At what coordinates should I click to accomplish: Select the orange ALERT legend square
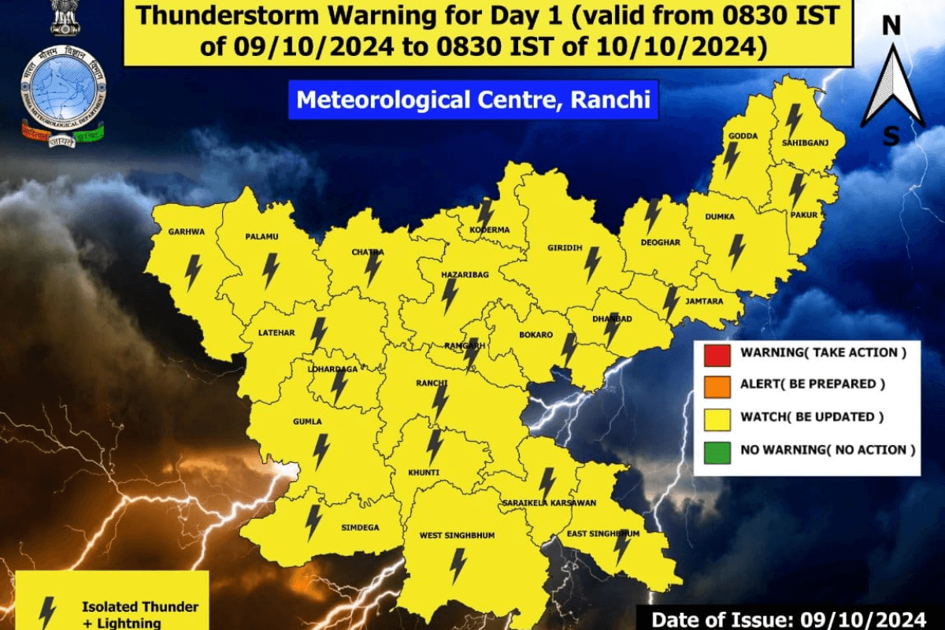coord(717,385)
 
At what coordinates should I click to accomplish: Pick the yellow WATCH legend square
coord(717,417)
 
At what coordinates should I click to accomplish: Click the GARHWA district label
coord(187,232)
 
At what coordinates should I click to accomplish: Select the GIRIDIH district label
coord(565,247)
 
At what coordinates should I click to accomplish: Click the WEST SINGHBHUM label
coord(457,535)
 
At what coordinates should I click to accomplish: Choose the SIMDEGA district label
coord(361,528)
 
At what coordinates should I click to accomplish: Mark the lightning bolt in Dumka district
coord(736,251)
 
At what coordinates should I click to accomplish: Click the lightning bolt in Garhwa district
coord(193,272)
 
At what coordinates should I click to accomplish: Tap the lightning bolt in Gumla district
coord(321,450)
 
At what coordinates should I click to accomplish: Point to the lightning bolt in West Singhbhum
coord(457,565)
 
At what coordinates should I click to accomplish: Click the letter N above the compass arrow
coord(891,27)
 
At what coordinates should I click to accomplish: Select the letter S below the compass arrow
coord(891,136)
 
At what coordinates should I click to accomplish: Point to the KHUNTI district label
coord(424,472)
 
